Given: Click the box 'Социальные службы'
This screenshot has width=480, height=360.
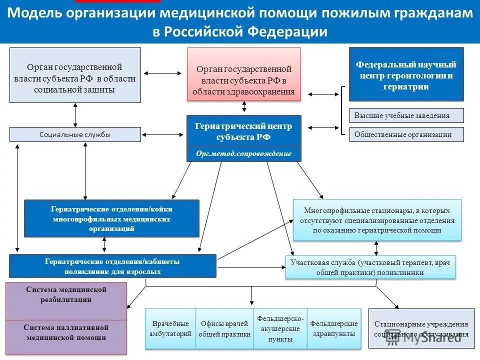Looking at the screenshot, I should pos(75,134).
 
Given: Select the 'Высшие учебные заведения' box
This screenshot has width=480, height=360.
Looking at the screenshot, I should pos(406,115).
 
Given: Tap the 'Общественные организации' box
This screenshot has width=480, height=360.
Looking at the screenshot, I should pos(406,134).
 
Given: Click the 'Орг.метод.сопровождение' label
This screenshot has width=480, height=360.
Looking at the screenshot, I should pos(244,153).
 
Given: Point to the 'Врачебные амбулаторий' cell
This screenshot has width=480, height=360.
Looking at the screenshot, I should pos(170,328).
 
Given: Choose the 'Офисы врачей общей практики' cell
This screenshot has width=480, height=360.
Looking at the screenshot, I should pos(224,328).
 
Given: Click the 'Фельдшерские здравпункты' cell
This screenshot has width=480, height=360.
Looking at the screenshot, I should pos(333,328).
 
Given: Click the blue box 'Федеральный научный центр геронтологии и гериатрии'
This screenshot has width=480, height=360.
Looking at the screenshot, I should pos(406,74).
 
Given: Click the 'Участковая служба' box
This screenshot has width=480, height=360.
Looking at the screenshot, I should pos(370,267).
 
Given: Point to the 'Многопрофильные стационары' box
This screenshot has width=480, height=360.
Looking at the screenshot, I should pos(377,220).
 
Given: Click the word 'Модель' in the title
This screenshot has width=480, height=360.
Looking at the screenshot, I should pos(33,13).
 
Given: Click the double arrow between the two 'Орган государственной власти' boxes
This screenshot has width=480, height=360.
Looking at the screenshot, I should pos(163,74).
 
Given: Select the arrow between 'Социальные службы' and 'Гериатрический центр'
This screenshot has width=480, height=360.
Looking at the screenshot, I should pos(163,134).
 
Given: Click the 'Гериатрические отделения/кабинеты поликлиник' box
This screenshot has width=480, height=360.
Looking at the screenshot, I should pos(112,266).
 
